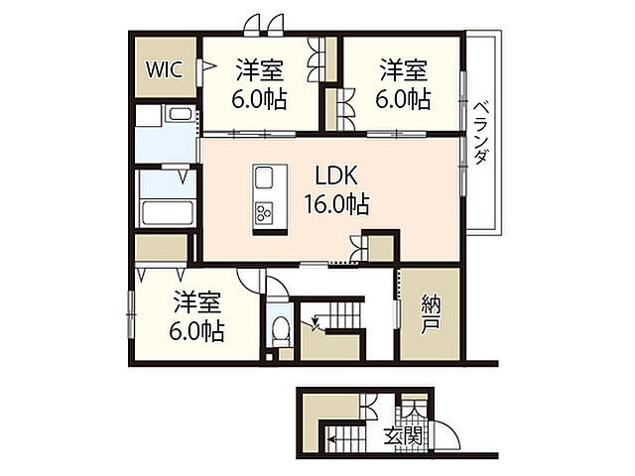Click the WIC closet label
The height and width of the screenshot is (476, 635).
coord(163,69)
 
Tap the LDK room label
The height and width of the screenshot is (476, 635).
coord(337,177)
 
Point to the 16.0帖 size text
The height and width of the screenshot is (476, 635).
coord(337,204)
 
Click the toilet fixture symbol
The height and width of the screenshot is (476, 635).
coord(281,324)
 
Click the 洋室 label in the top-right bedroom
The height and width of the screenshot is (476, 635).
coord(404,71)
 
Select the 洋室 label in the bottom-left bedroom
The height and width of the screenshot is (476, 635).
coord(198,300)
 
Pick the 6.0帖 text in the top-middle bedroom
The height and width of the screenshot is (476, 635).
coord(260,99)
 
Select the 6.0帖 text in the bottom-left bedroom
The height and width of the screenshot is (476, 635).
coord(198,330)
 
